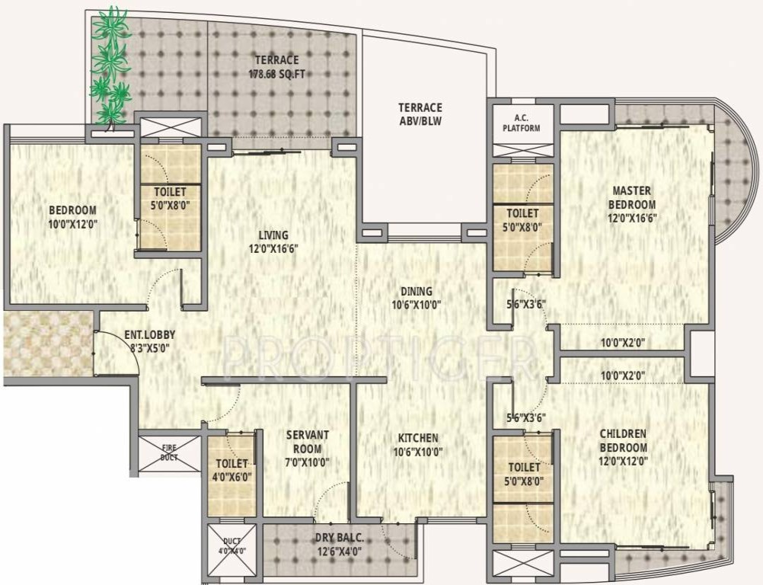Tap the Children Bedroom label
point(623,441)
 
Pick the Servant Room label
point(308,441)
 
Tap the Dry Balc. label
point(339,538)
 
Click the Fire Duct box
point(169,452)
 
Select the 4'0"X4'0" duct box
point(231,550)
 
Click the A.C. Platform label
point(521,123)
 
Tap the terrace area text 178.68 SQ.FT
point(276,75)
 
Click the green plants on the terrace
point(110,65)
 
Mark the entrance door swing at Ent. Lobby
point(114,350)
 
